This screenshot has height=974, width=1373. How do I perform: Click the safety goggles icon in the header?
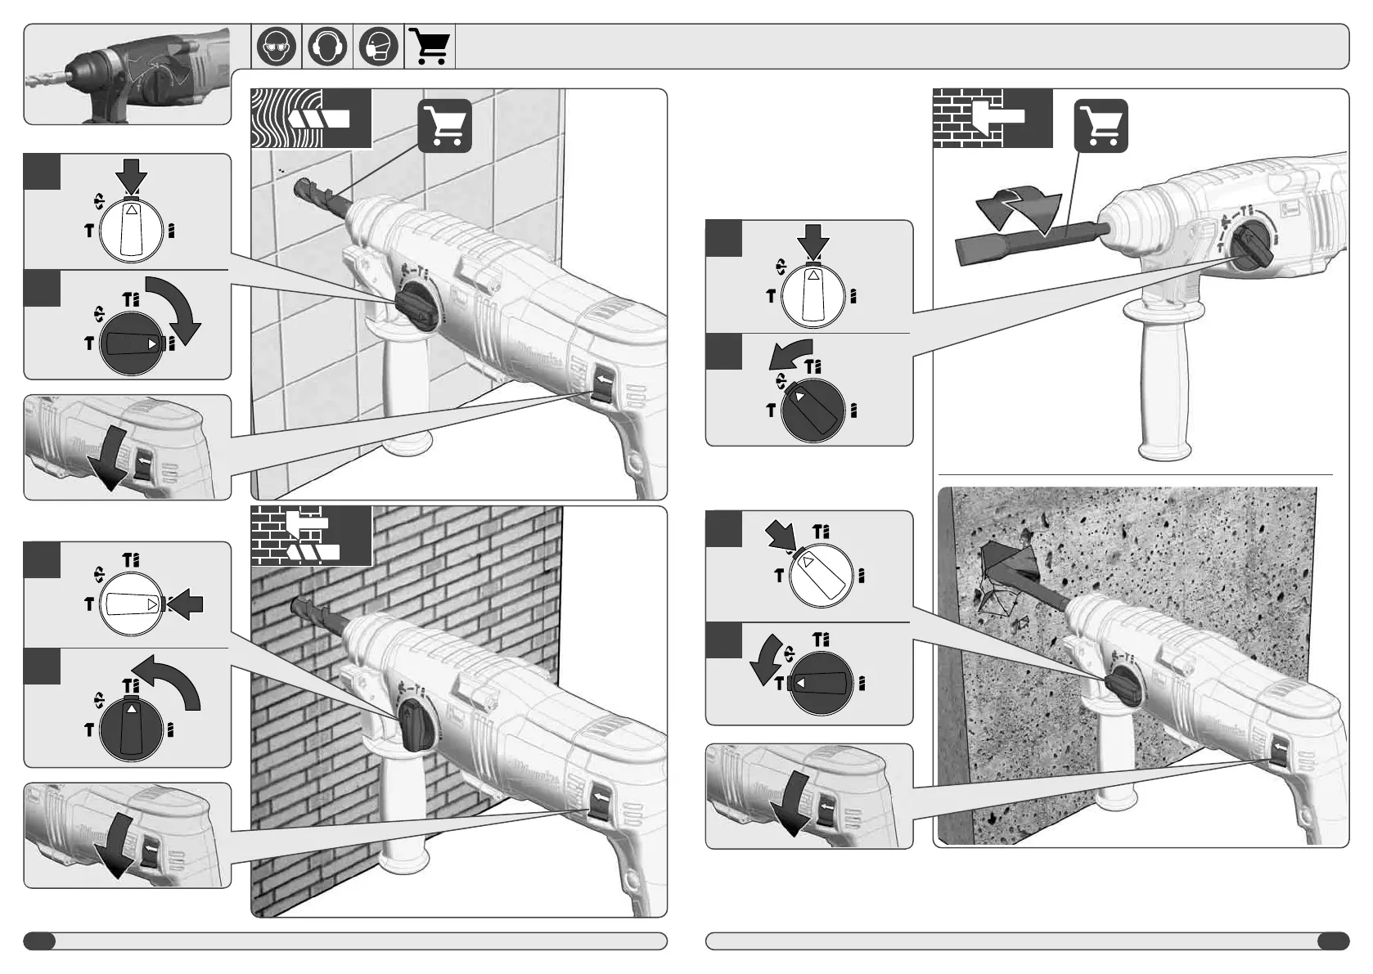277,47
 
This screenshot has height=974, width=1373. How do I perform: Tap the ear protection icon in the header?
327,47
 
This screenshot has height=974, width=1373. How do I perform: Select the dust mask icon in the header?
378,47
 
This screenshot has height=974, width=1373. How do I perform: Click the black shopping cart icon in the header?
430,47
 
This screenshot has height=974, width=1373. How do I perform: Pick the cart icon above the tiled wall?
444,126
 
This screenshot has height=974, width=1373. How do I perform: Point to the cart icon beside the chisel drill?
1101,126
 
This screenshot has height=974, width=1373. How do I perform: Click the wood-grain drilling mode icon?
311,119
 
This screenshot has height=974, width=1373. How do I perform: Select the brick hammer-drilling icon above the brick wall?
311,536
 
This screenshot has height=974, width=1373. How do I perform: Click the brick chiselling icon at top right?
992,119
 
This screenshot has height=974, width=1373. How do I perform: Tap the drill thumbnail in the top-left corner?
127,74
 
